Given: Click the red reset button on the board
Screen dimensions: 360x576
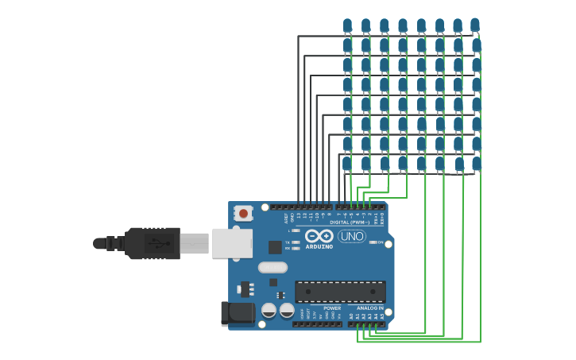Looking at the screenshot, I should (243, 213).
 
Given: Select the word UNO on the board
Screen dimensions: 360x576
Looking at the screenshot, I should (351, 236).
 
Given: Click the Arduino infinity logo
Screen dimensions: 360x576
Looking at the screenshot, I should (319, 236).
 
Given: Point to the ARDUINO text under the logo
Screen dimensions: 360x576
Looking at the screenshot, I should (319, 247).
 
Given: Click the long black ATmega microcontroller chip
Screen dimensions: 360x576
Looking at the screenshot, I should (340, 291).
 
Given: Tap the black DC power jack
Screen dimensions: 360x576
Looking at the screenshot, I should (237, 313).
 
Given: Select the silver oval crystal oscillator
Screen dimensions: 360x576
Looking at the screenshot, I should (273, 267).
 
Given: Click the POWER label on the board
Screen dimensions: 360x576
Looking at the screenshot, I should (332, 308).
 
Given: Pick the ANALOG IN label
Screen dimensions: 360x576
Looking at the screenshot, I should (369, 308).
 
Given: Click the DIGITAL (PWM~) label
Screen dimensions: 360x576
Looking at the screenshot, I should (350, 223).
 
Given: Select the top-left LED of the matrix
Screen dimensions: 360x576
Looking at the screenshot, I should (347, 25).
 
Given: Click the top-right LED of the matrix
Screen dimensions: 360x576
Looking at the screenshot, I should (475, 25).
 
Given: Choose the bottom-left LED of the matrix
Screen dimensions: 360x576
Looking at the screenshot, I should (346, 164).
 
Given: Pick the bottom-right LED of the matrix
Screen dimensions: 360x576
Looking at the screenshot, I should (476, 164).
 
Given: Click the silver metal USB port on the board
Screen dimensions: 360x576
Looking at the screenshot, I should (231, 243).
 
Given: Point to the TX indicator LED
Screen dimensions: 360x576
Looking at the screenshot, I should (296, 242).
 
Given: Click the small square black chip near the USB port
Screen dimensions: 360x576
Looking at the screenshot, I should (275, 247).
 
